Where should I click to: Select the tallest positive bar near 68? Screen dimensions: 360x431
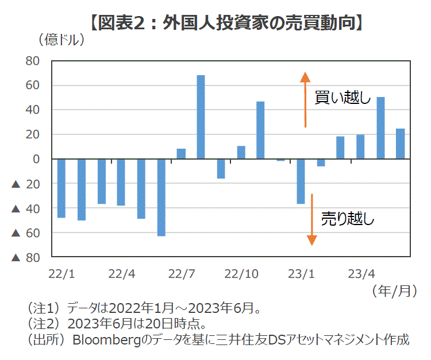pos(201,117)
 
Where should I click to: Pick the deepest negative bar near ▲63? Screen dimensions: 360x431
pos(161,197)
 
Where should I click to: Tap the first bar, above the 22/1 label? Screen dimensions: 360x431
pos(61,188)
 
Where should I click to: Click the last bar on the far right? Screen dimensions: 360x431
pos(400,144)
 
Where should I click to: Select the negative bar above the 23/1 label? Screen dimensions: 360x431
pos(301,181)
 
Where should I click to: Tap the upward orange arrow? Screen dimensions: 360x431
pos(306,100)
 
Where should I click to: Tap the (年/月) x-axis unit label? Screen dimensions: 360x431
pos(394,291)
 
